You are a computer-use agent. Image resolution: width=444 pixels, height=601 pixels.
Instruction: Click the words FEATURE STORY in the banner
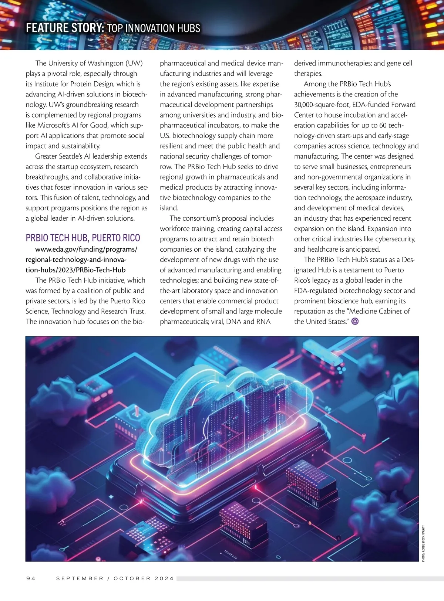[65, 28]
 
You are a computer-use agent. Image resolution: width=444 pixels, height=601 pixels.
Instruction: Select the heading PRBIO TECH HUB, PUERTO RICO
[83, 238]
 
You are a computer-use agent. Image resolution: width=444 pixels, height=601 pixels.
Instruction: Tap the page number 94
[31, 578]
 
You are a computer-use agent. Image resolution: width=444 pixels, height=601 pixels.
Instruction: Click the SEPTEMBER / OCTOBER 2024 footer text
[115, 578]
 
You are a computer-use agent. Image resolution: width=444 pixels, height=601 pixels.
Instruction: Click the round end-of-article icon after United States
[355, 322]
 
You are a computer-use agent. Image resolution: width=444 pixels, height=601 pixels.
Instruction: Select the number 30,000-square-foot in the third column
[320, 105]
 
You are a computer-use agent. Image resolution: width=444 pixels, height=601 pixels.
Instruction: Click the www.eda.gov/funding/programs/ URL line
[86, 249]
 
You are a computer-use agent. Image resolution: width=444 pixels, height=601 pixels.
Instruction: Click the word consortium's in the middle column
[201, 218]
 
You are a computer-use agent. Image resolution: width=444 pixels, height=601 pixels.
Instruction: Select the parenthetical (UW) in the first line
[134, 63]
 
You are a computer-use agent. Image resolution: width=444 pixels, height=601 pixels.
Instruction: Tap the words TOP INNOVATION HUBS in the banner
[154, 28]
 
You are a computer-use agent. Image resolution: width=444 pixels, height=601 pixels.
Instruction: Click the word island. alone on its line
[169, 208]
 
